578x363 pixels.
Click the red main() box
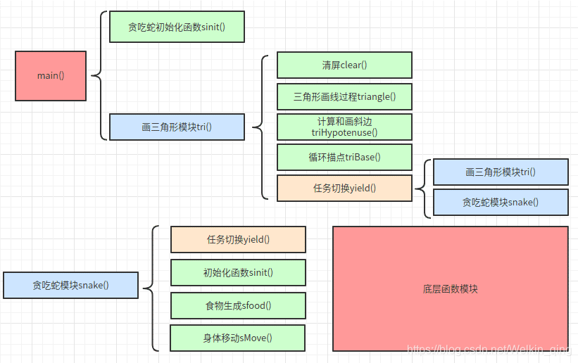[x=51, y=75]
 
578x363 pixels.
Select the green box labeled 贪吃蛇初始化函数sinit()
[x=177, y=27]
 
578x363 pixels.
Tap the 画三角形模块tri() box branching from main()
[x=177, y=127]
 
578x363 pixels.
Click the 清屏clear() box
[x=344, y=65]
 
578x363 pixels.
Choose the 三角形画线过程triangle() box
[x=344, y=96]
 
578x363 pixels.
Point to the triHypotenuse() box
[x=344, y=127]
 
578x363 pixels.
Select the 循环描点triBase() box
[x=344, y=158]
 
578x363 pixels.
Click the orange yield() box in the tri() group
[x=344, y=188]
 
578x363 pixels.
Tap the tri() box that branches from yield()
[x=500, y=172]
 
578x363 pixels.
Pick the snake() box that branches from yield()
[x=500, y=202]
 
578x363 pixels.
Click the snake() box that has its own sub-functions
[x=70, y=286]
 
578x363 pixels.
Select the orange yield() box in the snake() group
[x=238, y=239]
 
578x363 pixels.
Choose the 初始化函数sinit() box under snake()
[x=238, y=272]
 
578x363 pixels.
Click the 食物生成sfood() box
[x=238, y=305]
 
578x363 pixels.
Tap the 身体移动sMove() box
[x=238, y=338]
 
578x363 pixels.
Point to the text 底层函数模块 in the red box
[x=450, y=288]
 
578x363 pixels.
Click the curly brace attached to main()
[x=97, y=75]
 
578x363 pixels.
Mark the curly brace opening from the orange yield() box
[x=422, y=188]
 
